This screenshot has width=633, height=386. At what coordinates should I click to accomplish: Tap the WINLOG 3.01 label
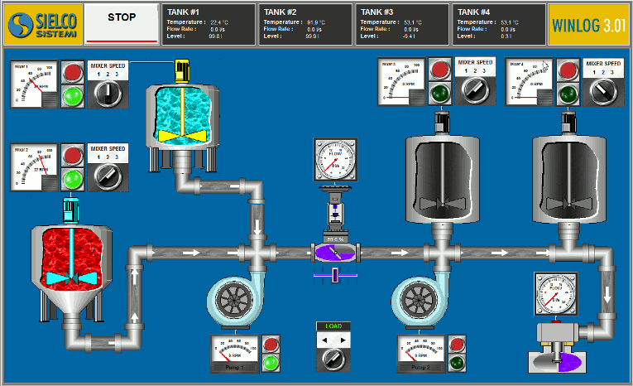pyautogui.click(x=587, y=23)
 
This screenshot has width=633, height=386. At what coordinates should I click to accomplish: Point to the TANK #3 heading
pyautogui.click(x=378, y=12)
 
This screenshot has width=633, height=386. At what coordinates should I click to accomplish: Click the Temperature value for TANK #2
pyautogui.click(x=315, y=22)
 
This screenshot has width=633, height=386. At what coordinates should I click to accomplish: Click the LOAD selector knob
pyautogui.click(x=334, y=358)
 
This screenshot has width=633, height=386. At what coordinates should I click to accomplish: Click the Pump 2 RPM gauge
pyautogui.click(x=418, y=350)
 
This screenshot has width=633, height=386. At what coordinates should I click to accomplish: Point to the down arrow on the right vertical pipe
pyautogui.click(x=609, y=294)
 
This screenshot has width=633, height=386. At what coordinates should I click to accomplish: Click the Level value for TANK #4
pyautogui.click(x=504, y=36)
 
